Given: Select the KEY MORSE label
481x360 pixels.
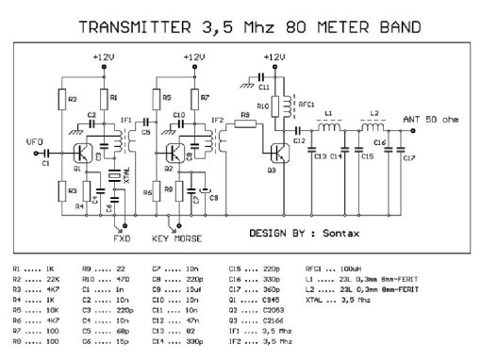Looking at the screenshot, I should pyautogui.click(x=178, y=239).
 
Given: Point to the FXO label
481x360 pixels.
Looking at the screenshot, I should pyautogui.click(x=122, y=239).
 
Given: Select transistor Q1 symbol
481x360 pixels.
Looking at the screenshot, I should pyautogui.click(x=84, y=154).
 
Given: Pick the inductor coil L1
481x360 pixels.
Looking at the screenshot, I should pyautogui.click(x=329, y=124).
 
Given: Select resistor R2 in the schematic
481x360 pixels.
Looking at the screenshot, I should pyautogui.click(x=60, y=99).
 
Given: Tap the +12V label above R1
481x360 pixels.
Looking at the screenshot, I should pyautogui.click(x=105, y=57).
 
